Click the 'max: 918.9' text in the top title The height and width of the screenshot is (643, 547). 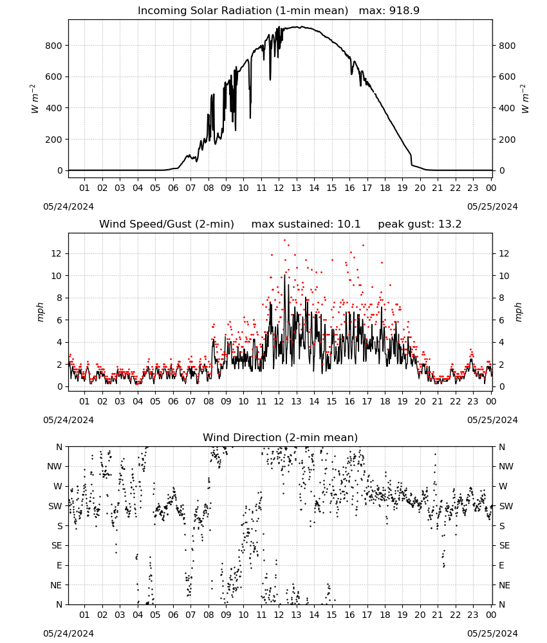(389, 10)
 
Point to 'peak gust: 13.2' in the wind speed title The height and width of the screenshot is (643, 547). (420, 224)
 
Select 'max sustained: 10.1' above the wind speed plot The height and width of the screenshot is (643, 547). (306, 224)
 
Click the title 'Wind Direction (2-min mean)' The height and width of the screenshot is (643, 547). (281, 437)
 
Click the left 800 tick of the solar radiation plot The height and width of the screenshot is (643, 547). (54, 46)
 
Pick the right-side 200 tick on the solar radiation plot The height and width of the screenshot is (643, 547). (507, 140)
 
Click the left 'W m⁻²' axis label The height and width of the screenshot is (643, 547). (35, 99)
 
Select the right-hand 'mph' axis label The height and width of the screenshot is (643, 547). (517, 312)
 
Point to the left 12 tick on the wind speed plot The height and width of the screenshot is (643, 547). (57, 253)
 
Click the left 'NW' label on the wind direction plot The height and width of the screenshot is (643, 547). (55, 466)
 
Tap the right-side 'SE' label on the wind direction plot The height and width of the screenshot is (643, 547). (505, 545)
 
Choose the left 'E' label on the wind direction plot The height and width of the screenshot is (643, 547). (59, 565)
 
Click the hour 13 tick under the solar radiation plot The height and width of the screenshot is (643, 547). (296, 188)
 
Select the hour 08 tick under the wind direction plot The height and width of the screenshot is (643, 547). (209, 615)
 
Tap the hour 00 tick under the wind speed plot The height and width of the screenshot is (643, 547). (491, 401)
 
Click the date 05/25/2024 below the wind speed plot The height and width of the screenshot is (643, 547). (492, 420)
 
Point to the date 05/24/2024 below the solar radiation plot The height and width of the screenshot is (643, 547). (68, 206)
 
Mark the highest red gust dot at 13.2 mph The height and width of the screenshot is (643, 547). (285, 240)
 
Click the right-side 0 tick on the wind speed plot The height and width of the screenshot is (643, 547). (501, 386)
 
